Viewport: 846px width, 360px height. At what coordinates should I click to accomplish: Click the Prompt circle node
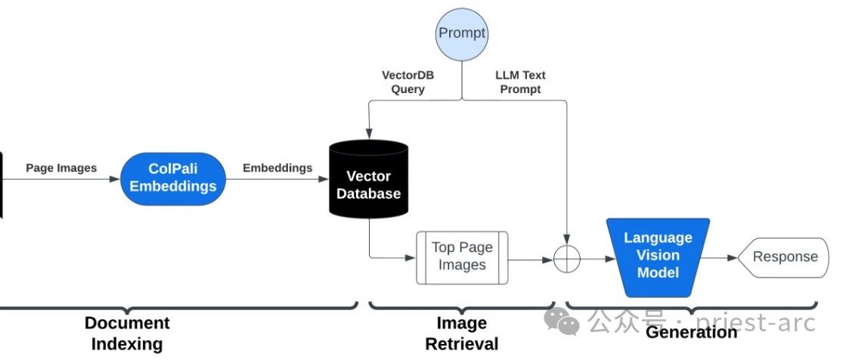(462, 33)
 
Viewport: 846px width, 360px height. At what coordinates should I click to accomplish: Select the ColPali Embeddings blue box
(173, 178)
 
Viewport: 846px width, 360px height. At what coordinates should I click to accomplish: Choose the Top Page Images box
(462, 257)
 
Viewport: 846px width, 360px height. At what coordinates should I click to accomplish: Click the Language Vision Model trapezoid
(658, 256)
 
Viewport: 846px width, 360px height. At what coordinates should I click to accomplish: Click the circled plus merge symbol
(567, 259)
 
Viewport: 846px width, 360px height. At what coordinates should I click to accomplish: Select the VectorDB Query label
(408, 82)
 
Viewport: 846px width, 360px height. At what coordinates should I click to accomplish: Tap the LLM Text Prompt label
(520, 82)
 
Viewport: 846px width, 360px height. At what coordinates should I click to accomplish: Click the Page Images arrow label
(61, 168)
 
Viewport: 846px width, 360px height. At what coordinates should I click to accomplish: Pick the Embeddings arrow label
(277, 168)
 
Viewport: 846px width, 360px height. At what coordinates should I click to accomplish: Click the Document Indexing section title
(127, 334)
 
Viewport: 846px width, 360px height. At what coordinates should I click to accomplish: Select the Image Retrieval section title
(462, 334)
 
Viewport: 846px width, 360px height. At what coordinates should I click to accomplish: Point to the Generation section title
(692, 332)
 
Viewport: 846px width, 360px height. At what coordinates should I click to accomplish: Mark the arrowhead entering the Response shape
(733, 258)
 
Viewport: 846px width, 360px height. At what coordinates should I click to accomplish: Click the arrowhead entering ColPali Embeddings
(116, 179)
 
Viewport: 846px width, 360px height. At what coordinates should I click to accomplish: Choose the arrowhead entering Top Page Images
(412, 258)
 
